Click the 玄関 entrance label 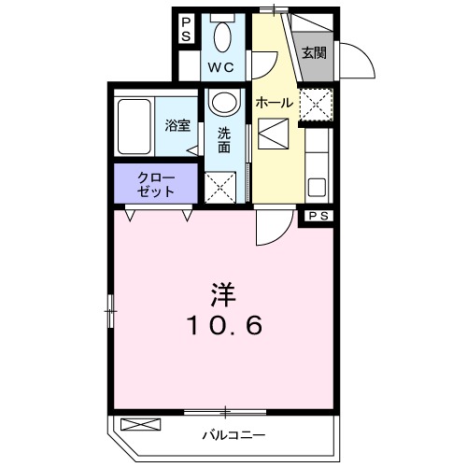point(313,53)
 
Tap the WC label point(220,66)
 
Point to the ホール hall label point(275,103)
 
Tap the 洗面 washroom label point(224,140)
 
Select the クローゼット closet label point(155,183)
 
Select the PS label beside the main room point(318,217)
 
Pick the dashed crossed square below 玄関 point(315,104)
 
